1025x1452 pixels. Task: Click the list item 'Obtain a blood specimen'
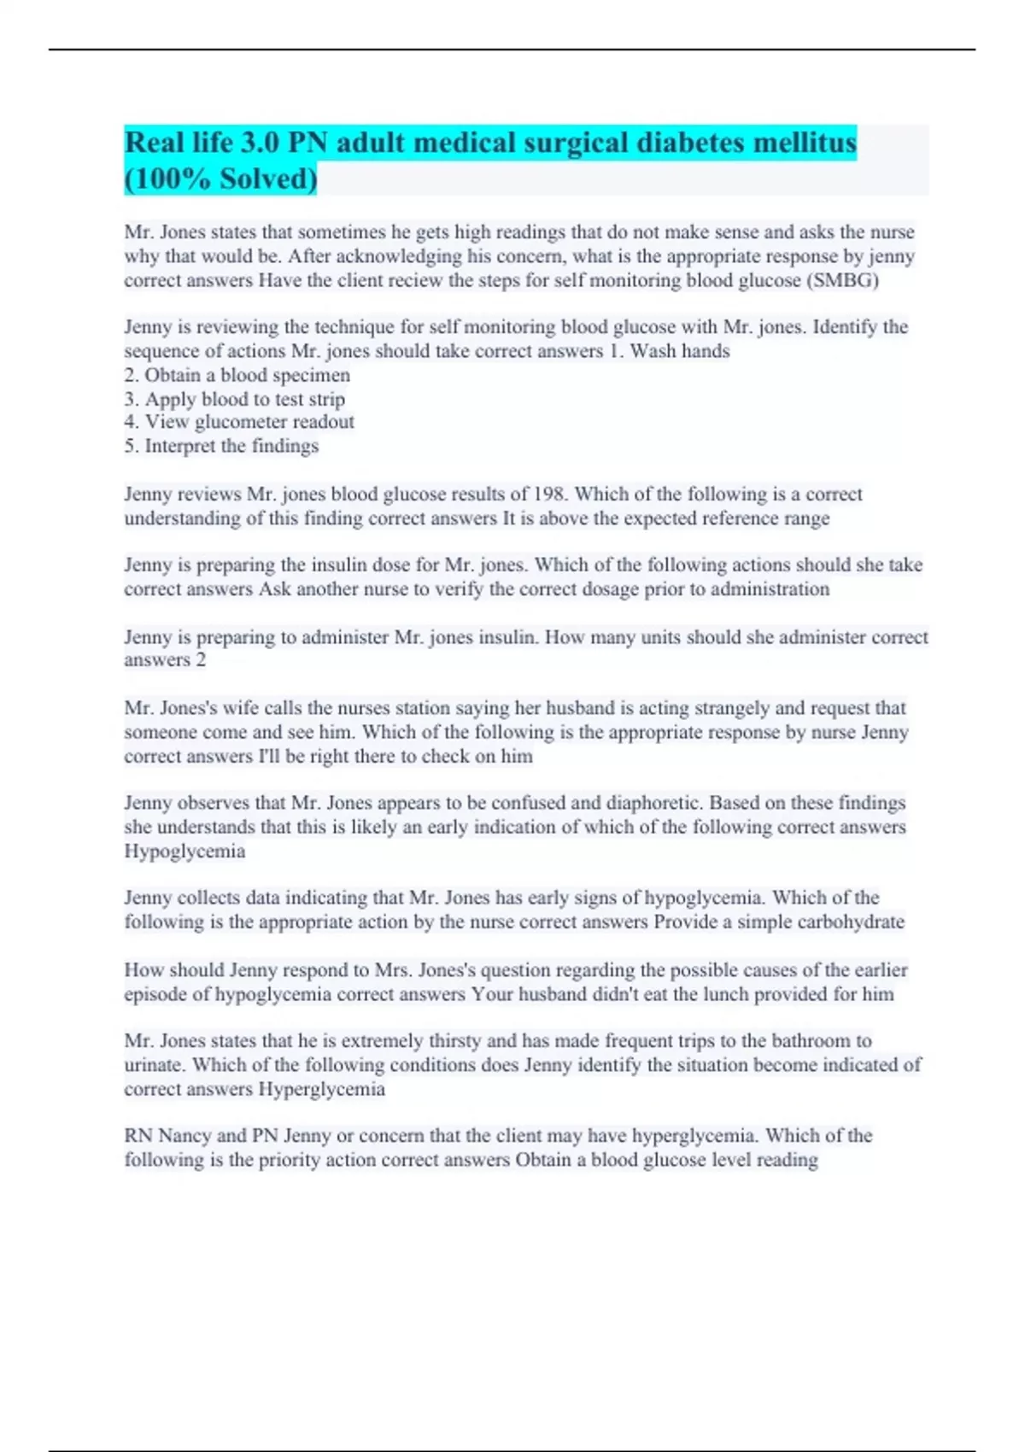237,375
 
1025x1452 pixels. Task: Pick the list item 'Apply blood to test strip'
234,399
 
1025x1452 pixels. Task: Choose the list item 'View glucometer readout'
238,422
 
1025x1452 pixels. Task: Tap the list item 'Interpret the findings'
221,446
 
